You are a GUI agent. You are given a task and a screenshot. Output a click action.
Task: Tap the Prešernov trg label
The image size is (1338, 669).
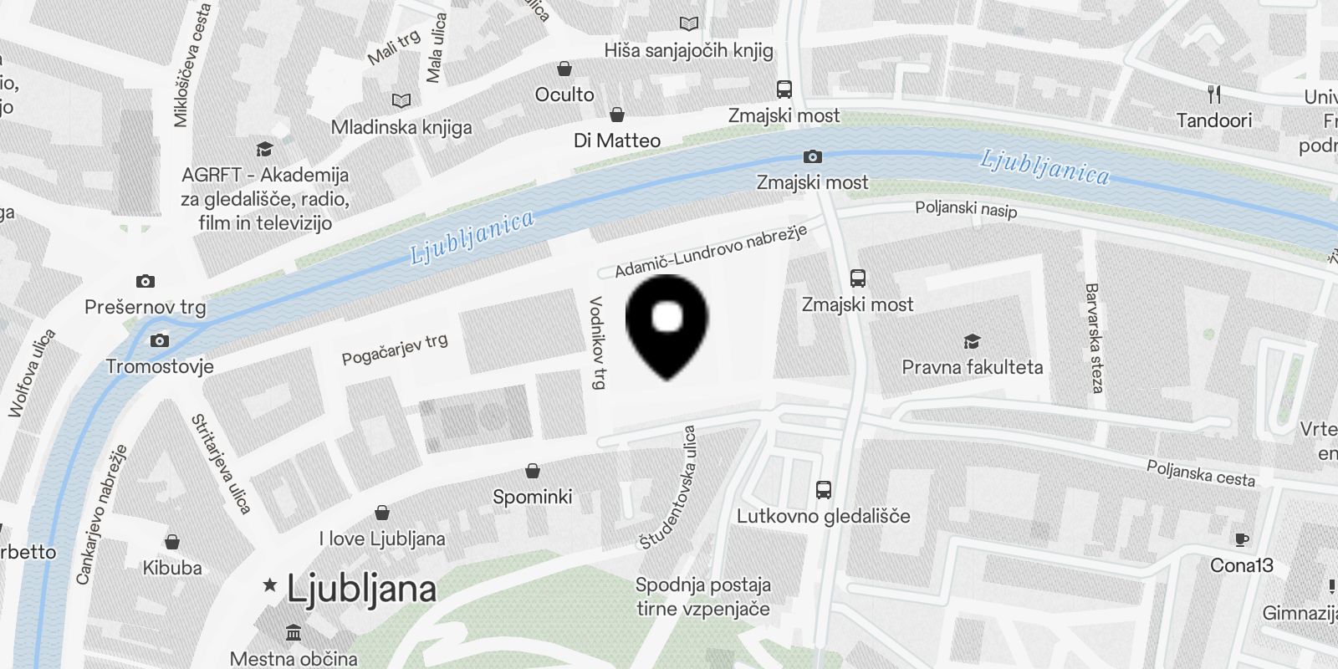coord(145,307)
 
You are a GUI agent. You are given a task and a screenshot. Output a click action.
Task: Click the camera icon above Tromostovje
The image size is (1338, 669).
coord(159,340)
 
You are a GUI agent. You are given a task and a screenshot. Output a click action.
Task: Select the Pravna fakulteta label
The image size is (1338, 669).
coord(972,367)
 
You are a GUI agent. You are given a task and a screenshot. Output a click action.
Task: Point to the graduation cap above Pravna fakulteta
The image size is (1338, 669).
coord(971,341)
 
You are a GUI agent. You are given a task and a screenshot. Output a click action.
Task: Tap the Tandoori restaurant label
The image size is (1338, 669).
coord(1213,120)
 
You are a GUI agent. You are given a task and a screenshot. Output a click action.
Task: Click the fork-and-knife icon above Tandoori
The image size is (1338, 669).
coord(1214,94)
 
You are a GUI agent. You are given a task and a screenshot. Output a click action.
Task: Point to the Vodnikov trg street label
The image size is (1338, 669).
coord(598,342)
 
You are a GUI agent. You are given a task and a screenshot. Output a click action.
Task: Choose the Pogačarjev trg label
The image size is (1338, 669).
coord(395,349)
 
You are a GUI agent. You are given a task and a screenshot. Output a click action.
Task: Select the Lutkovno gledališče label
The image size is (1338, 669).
coord(823,516)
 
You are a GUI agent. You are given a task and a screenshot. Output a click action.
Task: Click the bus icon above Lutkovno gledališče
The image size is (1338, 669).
coord(823,490)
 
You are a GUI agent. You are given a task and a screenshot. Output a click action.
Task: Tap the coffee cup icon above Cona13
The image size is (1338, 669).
coord(1241,539)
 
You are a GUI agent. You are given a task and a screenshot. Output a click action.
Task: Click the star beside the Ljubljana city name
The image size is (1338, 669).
coord(269,585)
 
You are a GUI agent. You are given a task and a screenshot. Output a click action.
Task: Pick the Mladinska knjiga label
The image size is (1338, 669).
coord(401,127)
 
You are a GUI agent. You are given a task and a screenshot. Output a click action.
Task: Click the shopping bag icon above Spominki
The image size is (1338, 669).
coord(532,471)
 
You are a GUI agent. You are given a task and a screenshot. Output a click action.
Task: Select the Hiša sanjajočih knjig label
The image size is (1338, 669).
coord(688,50)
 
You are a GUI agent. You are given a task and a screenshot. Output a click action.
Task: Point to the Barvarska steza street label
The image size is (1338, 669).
coord(1093,337)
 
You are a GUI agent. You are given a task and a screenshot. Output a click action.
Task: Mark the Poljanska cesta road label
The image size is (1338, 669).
coord(1200,473)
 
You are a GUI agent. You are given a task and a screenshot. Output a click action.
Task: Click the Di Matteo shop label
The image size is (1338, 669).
coord(617,140)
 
